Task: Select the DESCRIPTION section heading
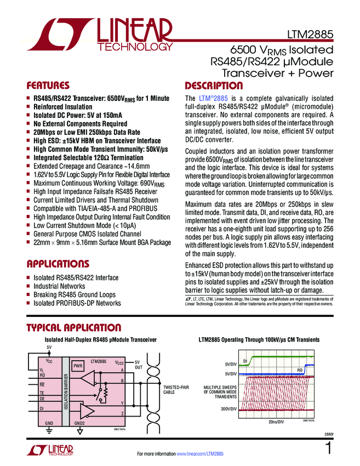214,86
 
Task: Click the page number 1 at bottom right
328,448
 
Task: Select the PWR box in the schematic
78,365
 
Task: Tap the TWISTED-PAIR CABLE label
175,390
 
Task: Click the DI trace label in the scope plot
245,360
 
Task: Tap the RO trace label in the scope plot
300,371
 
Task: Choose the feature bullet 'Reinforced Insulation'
63,107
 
